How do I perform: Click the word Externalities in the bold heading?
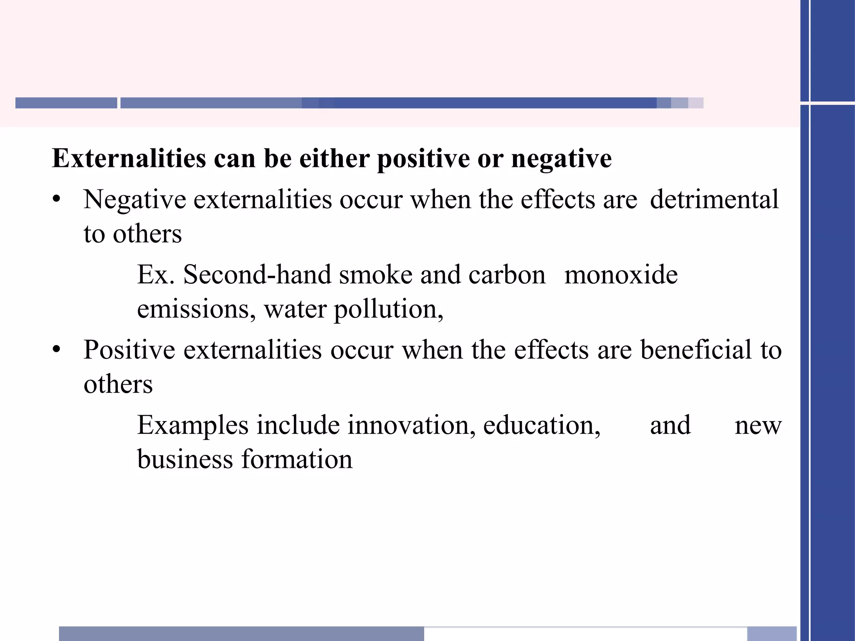pyautogui.click(x=129, y=159)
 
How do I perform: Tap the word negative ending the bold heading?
pyautogui.click(x=561, y=159)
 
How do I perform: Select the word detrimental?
pyautogui.click(x=714, y=199)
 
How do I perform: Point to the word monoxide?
pyautogui.click(x=621, y=275)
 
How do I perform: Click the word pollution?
pyautogui.click(x=388, y=309)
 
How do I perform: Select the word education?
pyautogui.click(x=541, y=425)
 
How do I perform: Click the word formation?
pyautogui.click(x=297, y=459)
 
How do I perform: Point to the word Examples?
pyautogui.click(x=193, y=425)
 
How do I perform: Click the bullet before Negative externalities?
pyautogui.click(x=57, y=199)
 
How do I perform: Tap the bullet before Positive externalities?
pyautogui.click(x=57, y=349)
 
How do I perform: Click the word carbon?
pyautogui.click(x=507, y=275)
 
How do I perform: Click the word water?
pyautogui.click(x=295, y=309)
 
